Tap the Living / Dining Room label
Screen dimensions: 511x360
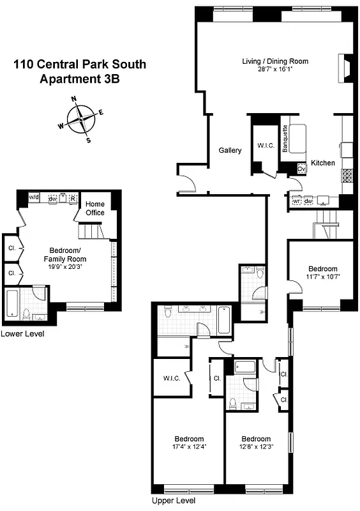[x=275, y=61]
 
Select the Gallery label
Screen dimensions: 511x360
[x=230, y=151]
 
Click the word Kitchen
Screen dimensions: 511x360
[x=323, y=164]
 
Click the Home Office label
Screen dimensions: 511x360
[x=95, y=208]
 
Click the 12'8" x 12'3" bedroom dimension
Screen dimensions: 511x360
[x=255, y=446]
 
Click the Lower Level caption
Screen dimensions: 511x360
[x=22, y=334]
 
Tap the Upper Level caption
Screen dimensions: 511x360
[x=174, y=501]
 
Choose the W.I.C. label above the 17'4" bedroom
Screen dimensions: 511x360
[x=171, y=378]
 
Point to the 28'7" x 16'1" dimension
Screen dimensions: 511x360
[x=275, y=69]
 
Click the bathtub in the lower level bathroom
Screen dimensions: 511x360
[x=12, y=303]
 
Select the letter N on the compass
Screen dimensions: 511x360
[x=74, y=99]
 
